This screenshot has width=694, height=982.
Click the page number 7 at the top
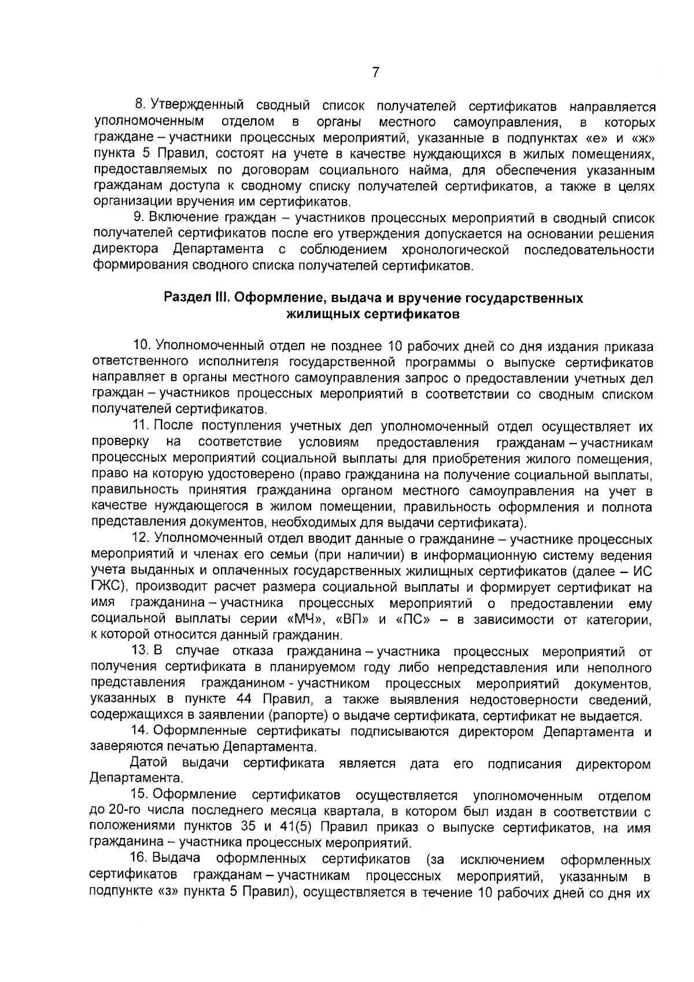(x=376, y=73)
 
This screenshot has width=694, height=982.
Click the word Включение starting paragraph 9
(x=182, y=218)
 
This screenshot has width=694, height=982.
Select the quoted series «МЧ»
(x=305, y=620)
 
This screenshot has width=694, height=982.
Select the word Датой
(x=150, y=763)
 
